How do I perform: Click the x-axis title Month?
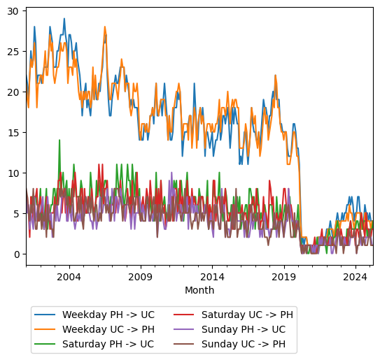199,290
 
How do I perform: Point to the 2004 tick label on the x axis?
69,277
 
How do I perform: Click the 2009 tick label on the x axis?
141,277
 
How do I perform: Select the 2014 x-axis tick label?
212,277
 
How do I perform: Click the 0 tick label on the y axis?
17,254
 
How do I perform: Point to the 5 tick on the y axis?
17,213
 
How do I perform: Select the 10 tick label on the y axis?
14,173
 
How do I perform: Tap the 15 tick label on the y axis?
14,132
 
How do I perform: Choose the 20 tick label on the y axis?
14,92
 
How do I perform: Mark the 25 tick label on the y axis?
14,51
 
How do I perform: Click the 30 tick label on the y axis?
14,10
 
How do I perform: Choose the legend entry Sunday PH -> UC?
245,329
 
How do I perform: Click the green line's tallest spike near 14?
59,141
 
